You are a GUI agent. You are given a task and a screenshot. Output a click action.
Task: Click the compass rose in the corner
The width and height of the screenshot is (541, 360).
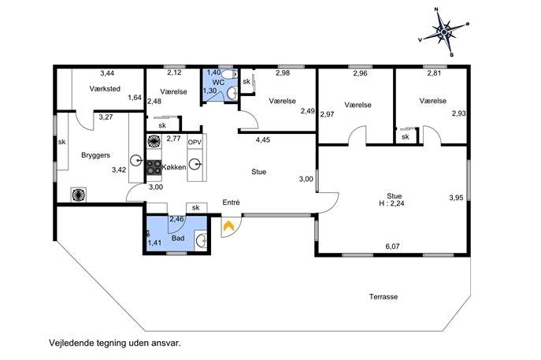(444, 32)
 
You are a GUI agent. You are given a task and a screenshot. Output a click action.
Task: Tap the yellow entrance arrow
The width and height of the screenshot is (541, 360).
(228, 226)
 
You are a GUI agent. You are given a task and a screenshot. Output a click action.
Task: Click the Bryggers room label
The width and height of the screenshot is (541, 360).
(95, 155)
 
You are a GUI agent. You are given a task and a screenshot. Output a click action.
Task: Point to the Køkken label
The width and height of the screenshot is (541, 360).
(174, 168)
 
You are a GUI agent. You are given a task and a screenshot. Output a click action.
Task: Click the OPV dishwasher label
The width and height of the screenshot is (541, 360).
(195, 143)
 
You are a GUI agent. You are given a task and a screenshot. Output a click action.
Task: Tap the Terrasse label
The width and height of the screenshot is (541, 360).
(384, 297)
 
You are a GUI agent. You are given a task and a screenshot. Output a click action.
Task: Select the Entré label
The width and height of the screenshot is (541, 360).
(232, 202)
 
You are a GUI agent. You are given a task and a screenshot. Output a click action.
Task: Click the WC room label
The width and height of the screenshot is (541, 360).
(218, 83)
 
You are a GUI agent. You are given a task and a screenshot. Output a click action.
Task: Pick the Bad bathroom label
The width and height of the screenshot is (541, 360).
(178, 238)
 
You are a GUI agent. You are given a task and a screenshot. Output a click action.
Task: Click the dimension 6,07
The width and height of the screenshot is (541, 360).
(393, 247)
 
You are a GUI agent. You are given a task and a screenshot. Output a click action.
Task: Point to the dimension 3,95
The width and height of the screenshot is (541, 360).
(456, 198)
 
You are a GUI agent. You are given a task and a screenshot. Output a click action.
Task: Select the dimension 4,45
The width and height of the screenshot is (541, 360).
(263, 140)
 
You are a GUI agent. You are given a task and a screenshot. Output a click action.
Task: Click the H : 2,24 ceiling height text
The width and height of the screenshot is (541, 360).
(391, 204)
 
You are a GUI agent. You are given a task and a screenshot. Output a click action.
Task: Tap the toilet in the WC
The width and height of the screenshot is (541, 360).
(229, 74)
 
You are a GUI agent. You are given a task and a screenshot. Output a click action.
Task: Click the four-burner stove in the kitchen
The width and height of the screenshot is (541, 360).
(154, 168)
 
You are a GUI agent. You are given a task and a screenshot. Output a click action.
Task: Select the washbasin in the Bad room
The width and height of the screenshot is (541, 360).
(202, 239)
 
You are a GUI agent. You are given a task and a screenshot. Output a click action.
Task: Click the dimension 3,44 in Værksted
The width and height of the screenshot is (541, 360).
(107, 73)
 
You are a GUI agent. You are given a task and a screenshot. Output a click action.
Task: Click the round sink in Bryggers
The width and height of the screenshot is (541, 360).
(136, 161)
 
